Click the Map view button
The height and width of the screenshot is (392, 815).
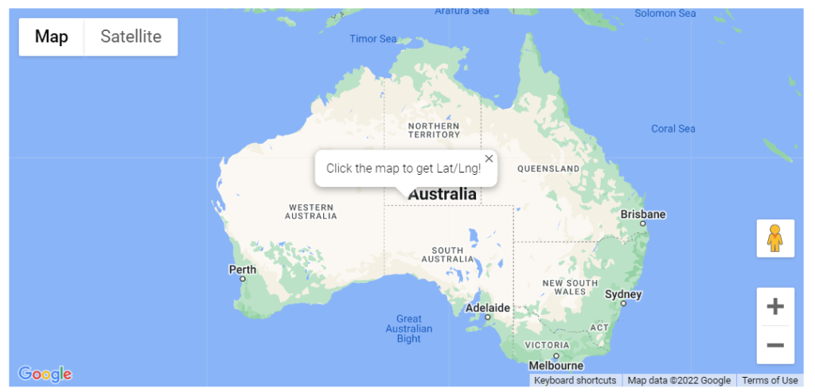(x=52, y=37)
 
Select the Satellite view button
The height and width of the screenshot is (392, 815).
(x=131, y=37)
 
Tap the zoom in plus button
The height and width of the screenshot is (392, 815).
(x=774, y=307)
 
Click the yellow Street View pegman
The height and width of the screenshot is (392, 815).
(x=774, y=239)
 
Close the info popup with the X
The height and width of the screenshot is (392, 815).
(x=489, y=158)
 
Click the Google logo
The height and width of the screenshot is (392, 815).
(x=45, y=374)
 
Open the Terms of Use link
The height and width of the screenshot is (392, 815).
(x=770, y=380)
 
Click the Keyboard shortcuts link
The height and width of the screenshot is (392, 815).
(x=575, y=380)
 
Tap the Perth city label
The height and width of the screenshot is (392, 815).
(x=243, y=270)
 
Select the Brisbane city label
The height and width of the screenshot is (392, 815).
(x=643, y=214)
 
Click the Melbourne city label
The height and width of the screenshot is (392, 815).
(x=556, y=366)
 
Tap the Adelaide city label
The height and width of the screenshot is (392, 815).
(x=487, y=308)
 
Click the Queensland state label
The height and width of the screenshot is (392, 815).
(x=548, y=169)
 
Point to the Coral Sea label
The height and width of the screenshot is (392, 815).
(x=673, y=129)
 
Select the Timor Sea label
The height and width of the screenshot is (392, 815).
(x=373, y=39)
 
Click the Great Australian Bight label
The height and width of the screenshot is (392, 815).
(x=408, y=328)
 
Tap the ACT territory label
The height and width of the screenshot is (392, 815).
(x=599, y=328)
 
